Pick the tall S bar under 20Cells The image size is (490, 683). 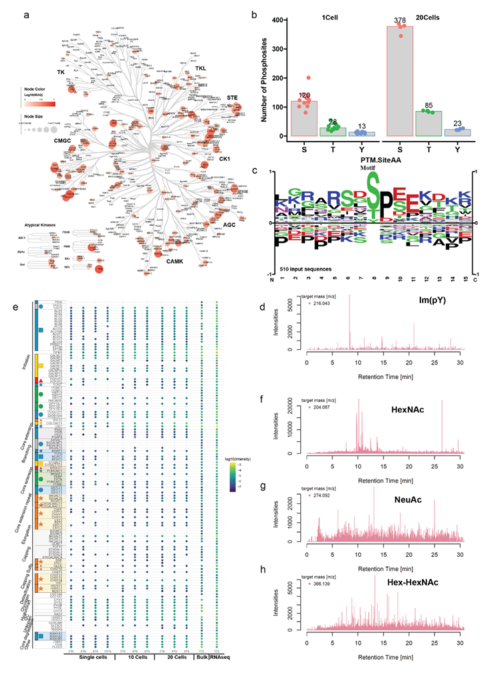point(401,80)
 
